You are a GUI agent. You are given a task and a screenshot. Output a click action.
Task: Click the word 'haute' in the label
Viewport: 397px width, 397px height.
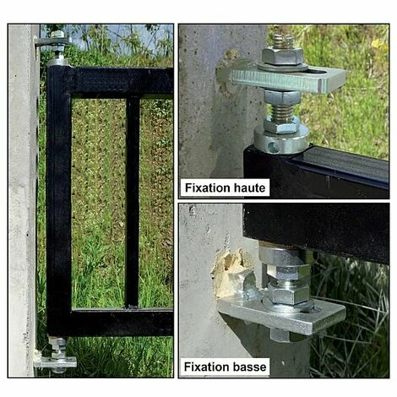coord(249,188)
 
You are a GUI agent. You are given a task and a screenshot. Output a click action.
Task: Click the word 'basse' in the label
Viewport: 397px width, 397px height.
coord(249,367)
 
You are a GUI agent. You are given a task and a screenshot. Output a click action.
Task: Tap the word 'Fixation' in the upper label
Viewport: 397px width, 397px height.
coord(208,188)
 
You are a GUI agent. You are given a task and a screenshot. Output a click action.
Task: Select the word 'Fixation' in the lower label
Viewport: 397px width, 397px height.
coord(207,367)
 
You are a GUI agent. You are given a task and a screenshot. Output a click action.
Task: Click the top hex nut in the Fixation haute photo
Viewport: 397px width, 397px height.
coord(282,55)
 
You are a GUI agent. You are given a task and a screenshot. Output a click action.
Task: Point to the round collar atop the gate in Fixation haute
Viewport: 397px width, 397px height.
coord(281,139)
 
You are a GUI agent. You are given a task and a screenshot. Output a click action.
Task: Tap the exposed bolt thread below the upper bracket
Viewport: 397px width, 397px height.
coord(282,111)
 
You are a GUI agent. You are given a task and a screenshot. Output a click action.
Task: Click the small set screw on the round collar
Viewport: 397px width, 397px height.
coord(273,146)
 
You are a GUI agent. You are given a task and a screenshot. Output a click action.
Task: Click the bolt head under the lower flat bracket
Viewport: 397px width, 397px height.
coord(280,335)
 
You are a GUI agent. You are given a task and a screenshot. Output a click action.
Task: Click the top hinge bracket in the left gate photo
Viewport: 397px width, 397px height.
coord(52,42)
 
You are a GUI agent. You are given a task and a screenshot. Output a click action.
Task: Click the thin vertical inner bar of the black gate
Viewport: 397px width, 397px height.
coord(133,202)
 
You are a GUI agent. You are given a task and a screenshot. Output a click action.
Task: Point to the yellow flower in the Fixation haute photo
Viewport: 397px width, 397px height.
coord(378,44)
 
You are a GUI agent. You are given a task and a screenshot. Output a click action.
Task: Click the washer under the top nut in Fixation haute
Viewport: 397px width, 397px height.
coord(282,67)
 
